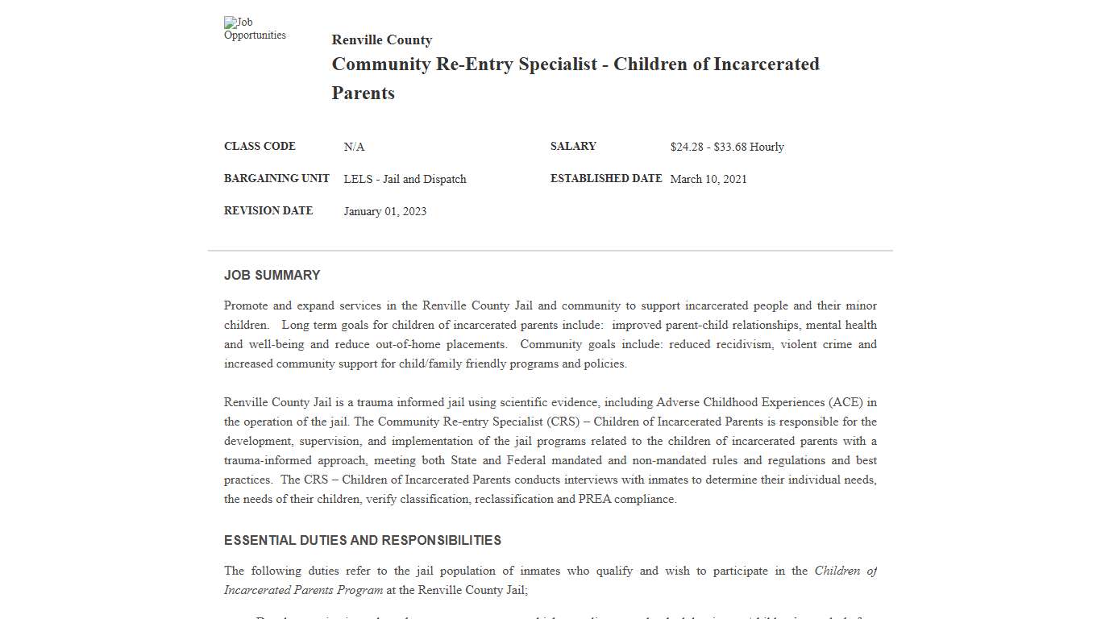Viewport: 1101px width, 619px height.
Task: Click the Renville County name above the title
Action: point(381,40)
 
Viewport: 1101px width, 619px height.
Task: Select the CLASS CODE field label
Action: point(260,147)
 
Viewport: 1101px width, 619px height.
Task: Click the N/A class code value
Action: point(354,147)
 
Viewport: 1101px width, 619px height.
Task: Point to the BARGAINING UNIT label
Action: point(276,179)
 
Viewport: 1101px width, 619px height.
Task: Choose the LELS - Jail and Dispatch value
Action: point(405,179)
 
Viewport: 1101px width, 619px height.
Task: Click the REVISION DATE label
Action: point(268,211)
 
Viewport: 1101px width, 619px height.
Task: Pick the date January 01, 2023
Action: point(384,211)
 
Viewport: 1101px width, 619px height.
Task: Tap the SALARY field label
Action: point(573,147)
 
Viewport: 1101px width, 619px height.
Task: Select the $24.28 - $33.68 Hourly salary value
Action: point(726,147)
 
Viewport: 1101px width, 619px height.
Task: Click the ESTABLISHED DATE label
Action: point(606,179)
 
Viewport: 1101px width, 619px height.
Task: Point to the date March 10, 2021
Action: point(708,179)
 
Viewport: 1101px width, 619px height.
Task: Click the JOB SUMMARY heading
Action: point(272,276)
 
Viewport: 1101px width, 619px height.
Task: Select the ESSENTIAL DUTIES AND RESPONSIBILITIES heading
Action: point(363,541)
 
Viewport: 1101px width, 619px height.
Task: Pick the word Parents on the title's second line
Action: point(363,93)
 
